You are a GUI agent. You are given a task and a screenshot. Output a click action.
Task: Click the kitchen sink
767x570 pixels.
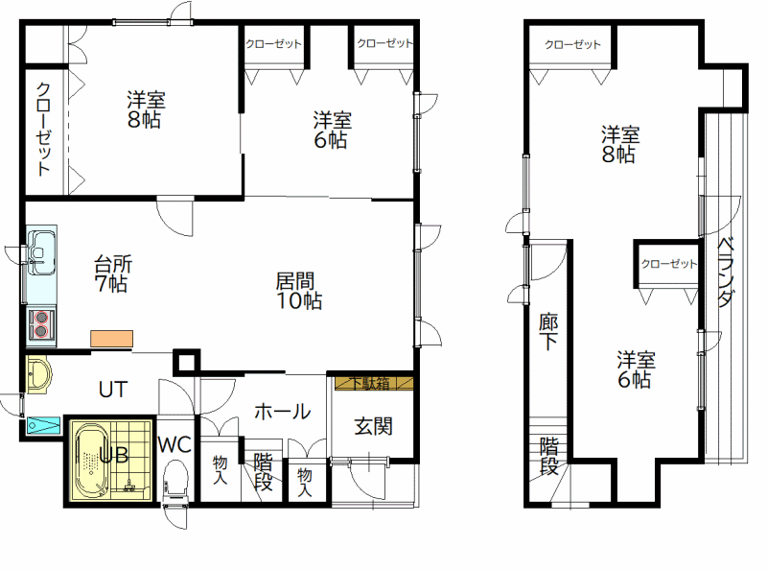click(x=41, y=252)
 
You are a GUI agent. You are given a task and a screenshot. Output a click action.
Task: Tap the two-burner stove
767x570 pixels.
click(x=41, y=324)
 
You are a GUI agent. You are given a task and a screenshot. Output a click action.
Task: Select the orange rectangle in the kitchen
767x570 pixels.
click(x=111, y=339)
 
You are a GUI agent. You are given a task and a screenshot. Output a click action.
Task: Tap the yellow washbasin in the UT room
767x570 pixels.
click(x=38, y=375)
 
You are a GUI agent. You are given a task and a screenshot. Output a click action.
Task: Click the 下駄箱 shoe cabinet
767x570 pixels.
click(x=374, y=383)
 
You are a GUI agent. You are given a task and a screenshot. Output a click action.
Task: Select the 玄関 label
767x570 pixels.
click(x=373, y=426)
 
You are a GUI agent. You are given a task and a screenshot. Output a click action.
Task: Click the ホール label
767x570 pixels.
click(x=283, y=412)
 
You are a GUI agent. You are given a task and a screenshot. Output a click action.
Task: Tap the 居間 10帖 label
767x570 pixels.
click(x=299, y=291)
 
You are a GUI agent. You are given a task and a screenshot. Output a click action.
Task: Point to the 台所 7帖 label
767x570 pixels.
click(x=113, y=273)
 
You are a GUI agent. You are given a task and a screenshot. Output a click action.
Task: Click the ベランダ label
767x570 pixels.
click(x=725, y=272)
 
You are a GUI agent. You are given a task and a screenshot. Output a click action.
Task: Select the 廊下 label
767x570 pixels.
click(x=548, y=331)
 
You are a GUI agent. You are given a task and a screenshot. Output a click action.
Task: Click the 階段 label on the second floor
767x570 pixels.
click(x=549, y=456)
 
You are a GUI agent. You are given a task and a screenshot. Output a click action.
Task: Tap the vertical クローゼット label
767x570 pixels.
click(x=43, y=130)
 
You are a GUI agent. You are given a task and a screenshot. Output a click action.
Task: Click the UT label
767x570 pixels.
click(x=113, y=390)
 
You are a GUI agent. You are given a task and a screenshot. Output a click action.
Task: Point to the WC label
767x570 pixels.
click(x=174, y=444)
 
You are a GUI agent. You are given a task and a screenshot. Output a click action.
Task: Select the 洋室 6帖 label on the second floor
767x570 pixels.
click(x=636, y=369)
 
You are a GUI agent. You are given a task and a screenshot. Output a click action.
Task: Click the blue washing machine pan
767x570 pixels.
click(x=43, y=425)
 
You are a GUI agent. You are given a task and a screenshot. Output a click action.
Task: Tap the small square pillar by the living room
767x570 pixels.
click(x=186, y=363)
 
